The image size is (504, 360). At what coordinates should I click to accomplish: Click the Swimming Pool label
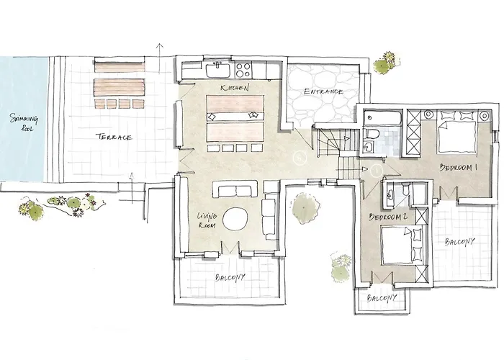tap(24, 122)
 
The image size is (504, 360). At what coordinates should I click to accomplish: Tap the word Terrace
tap(114, 137)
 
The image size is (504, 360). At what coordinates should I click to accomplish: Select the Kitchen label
tap(235, 87)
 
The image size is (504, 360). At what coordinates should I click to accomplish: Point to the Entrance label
tap(323, 91)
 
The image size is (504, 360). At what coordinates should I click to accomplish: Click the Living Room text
tap(207, 220)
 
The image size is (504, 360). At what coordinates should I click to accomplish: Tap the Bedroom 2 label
tap(388, 217)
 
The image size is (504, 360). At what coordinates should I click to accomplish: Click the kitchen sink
tap(218, 70)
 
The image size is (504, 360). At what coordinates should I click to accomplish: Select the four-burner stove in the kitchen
tap(243, 70)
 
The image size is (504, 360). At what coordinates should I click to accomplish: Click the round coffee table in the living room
tap(235, 219)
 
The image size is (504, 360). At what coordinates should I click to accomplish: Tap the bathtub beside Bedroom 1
tap(382, 118)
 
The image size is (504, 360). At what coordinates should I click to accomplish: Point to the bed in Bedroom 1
tap(456, 132)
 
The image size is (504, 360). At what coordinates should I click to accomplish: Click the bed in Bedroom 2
tap(402, 246)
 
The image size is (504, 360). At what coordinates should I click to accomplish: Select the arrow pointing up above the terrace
tap(159, 58)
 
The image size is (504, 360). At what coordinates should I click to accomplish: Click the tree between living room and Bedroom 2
tap(305, 208)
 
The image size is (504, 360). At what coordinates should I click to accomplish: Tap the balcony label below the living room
tap(230, 277)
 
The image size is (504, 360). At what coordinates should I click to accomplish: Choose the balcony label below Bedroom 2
tap(382, 298)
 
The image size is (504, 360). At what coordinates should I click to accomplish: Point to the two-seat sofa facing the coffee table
tap(235, 189)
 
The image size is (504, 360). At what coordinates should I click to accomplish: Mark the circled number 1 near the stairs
tap(377, 171)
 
